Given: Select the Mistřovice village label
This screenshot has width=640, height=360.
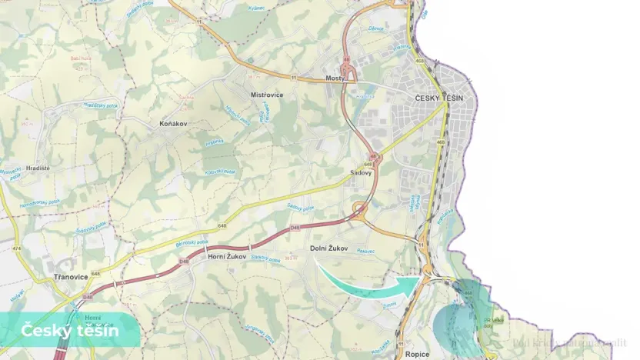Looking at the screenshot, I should pyautogui.click(x=268, y=95).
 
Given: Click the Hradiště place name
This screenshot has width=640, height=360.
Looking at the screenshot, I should pyautogui.click(x=36, y=168).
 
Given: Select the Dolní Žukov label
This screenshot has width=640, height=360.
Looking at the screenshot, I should pyautogui.click(x=329, y=248).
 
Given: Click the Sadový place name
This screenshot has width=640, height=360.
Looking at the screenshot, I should pyautogui.click(x=361, y=173).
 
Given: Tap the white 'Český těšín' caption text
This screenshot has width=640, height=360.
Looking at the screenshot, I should pyautogui.click(x=69, y=331).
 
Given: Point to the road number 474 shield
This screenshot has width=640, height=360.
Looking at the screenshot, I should pyautogui.click(x=17, y=248).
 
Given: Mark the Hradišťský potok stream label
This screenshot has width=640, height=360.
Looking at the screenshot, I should pyautogui.click(x=98, y=105).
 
